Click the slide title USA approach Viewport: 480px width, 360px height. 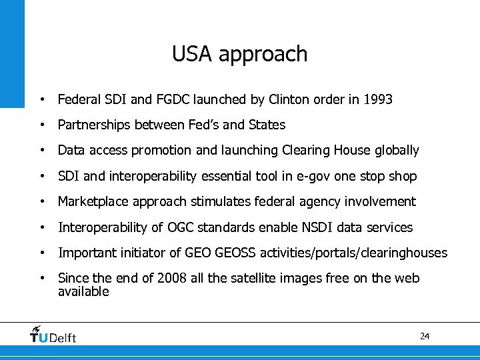[239, 54]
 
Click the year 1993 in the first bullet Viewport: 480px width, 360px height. [378, 100]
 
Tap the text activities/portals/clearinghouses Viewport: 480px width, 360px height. [363, 253]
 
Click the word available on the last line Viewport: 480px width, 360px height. [83, 292]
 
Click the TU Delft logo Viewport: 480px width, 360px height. [53, 335]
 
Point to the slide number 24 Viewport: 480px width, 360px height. [425, 336]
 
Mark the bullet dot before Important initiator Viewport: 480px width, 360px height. [42, 253]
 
